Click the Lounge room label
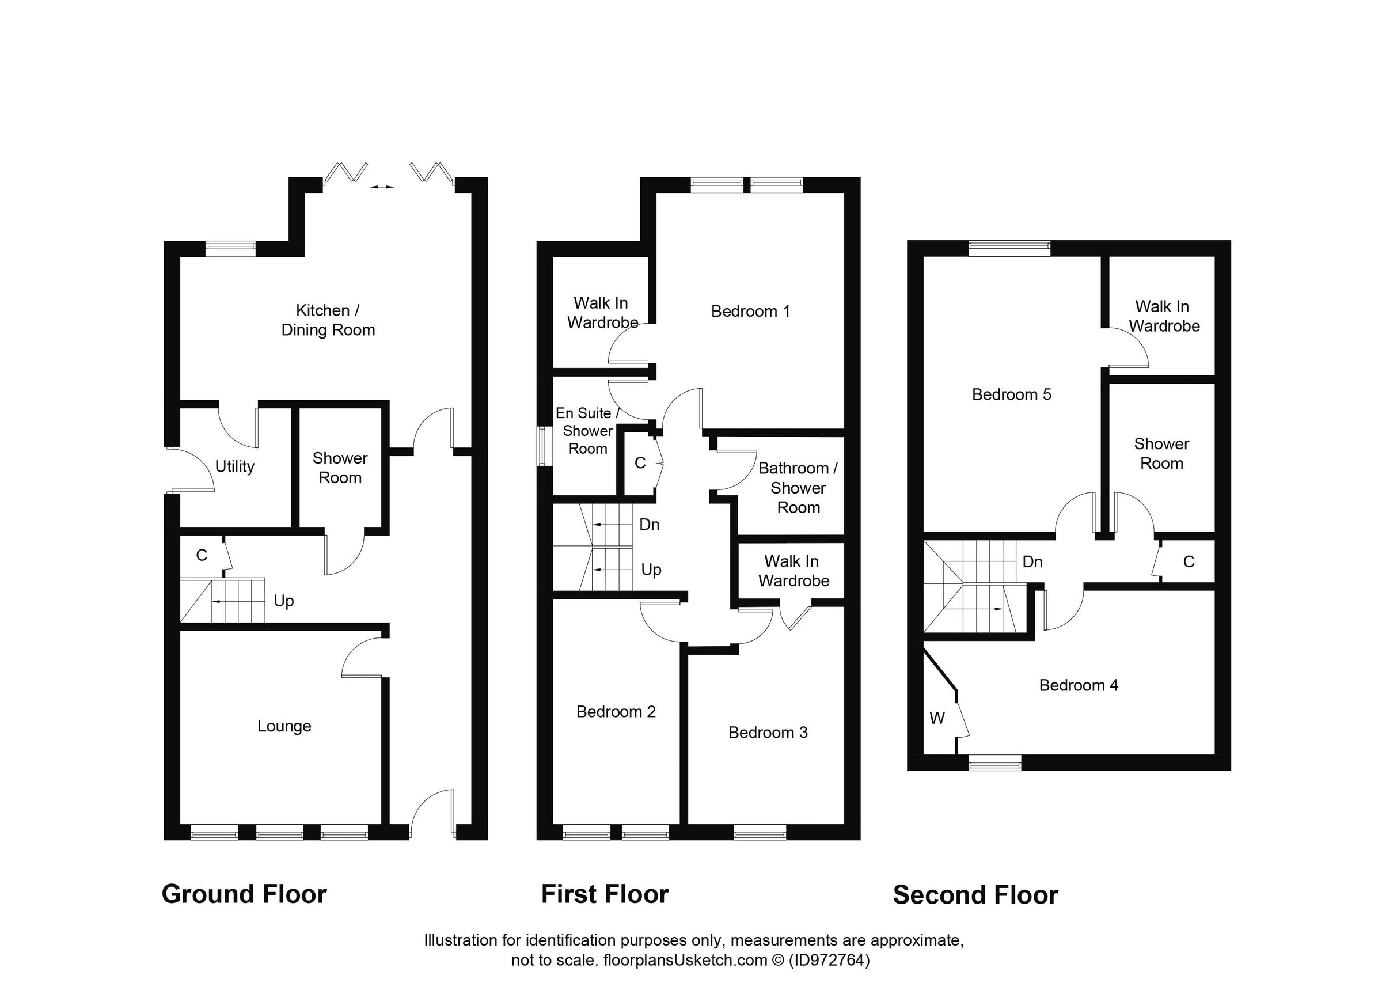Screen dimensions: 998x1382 [x=284, y=726]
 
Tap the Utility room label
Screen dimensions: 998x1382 [x=234, y=466]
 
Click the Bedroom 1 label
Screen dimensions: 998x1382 [x=750, y=312]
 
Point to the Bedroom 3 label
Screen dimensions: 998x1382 [x=768, y=733]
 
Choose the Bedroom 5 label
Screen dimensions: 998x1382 [x=1011, y=395]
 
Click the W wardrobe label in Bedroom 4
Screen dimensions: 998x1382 [x=936, y=719]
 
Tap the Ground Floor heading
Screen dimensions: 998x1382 [x=244, y=894]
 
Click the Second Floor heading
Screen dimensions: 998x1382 [x=975, y=895]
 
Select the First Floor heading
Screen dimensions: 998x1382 [x=605, y=894]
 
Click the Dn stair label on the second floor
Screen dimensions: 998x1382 [x=1032, y=561]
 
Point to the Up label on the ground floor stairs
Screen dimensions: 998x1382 [x=283, y=601]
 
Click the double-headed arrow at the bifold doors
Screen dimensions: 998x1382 [x=382, y=187]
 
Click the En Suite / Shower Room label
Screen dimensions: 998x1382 [x=587, y=431]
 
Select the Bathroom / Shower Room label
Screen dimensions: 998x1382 [x=798, y=488]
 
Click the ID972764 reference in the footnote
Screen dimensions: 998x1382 [x=829, y=960]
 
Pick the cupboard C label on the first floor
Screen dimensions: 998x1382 [x=639, y=463]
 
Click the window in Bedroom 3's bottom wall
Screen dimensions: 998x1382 [x=760, y=832]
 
